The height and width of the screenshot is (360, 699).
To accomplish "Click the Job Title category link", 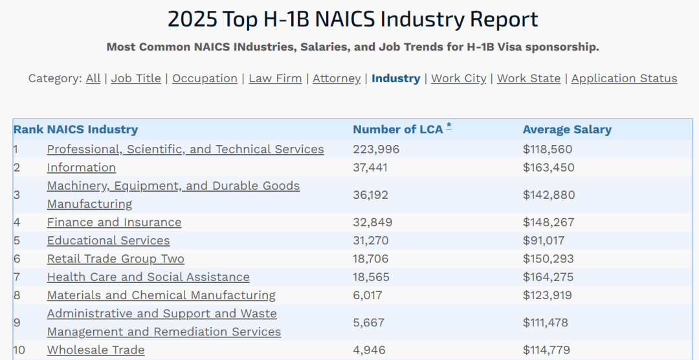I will click(136, 78).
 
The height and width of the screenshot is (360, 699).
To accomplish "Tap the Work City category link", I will click(458, 78).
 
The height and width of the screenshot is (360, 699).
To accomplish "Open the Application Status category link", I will click(624, 78).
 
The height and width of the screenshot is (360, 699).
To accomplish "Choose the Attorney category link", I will click(337, 78).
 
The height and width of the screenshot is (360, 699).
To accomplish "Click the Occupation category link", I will click(205, 78).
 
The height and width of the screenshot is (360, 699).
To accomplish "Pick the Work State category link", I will click(529, 78).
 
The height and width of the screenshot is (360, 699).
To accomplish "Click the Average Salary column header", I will click(567, 129).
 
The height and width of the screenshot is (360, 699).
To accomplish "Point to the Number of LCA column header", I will click(397, 129).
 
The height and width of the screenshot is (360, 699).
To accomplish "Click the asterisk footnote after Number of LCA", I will click(449, 126).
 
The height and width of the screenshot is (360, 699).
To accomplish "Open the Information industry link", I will click(82, 168).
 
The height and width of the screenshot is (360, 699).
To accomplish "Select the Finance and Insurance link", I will click(114, 222).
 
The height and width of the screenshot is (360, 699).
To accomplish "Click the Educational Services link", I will click(108, 240).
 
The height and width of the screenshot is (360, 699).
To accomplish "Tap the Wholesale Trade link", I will click(96, 350).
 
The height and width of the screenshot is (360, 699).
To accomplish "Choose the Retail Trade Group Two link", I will click(115, 258).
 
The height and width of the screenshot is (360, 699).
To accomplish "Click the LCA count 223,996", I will click(376, 150).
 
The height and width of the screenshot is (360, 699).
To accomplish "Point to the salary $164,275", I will click(548, 277).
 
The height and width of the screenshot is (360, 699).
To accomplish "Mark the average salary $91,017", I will click(544, 240).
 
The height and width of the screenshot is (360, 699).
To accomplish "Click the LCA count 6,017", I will click(368, 295).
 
